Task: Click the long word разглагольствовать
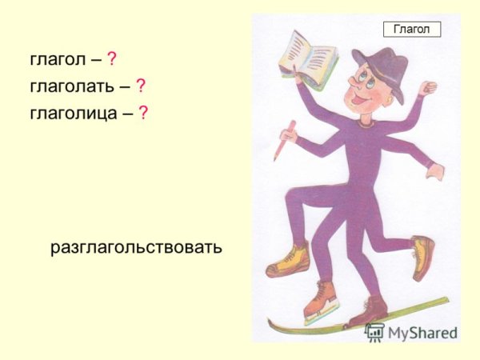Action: pyautogui.click(x=136, y=248)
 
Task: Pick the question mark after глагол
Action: pyautogui.click(x=112, y=59)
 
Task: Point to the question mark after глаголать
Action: pyautogui.click(x=140, y=86)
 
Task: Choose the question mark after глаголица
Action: pyautogui.click(x=142, y=112)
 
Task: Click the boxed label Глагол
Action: pyautogui.click(x=412, y=30)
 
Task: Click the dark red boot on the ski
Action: pyautogui.click(x=369, y=309)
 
